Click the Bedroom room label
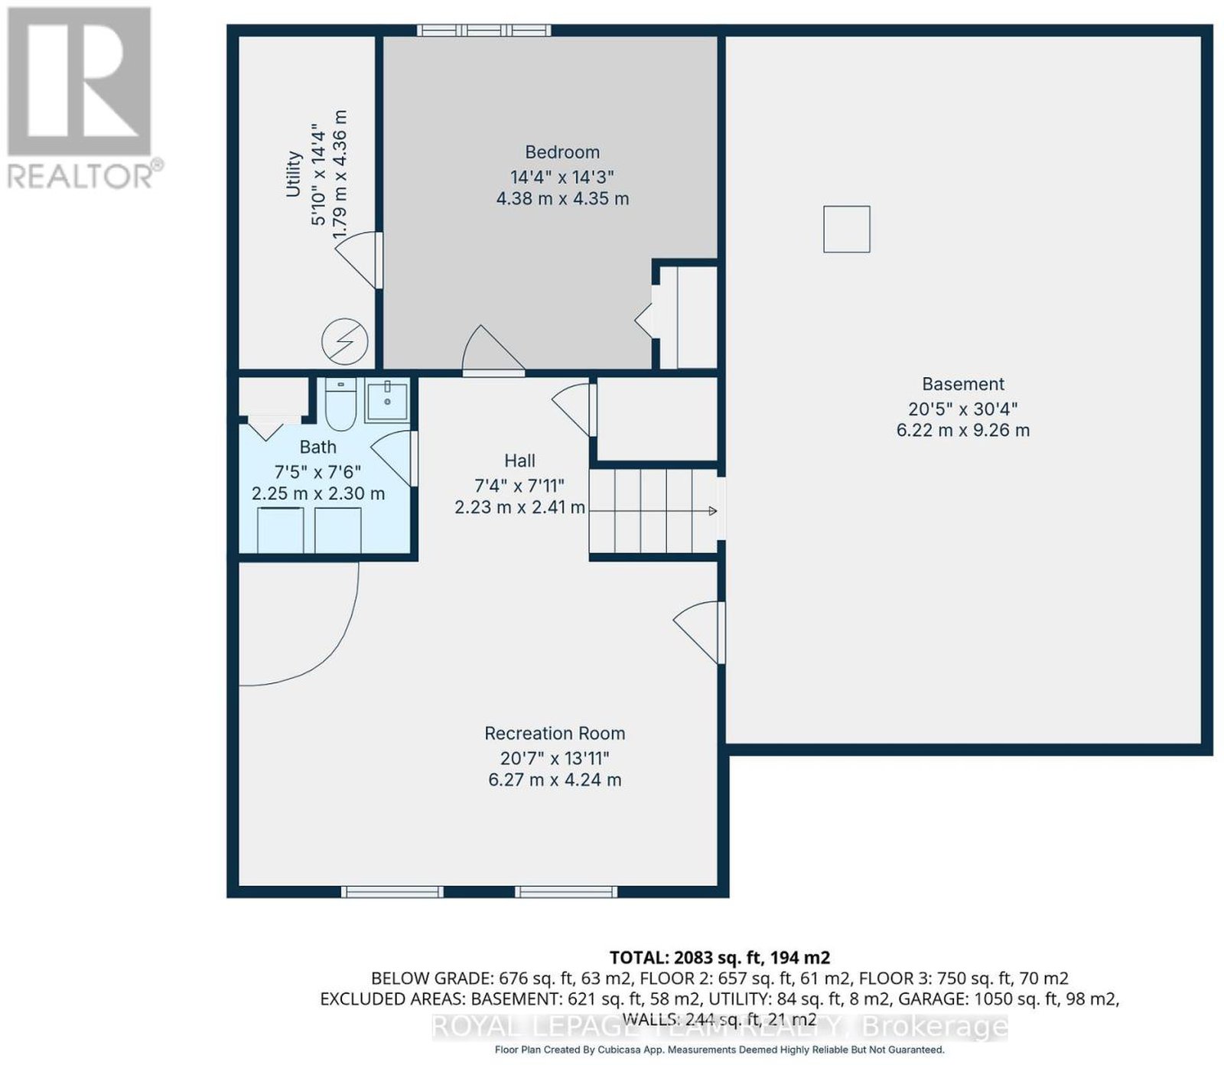562,152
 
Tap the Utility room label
294,174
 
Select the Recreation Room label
555,733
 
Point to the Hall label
519,461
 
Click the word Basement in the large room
963,384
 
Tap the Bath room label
317,447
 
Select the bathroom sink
387,400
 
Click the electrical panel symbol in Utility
345,341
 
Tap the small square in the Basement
847,229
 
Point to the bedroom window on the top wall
483,30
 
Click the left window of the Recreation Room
392,891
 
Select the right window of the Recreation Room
566,891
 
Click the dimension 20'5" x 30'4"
963,409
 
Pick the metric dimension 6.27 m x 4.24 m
555,780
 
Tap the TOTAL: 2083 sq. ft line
720,957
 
